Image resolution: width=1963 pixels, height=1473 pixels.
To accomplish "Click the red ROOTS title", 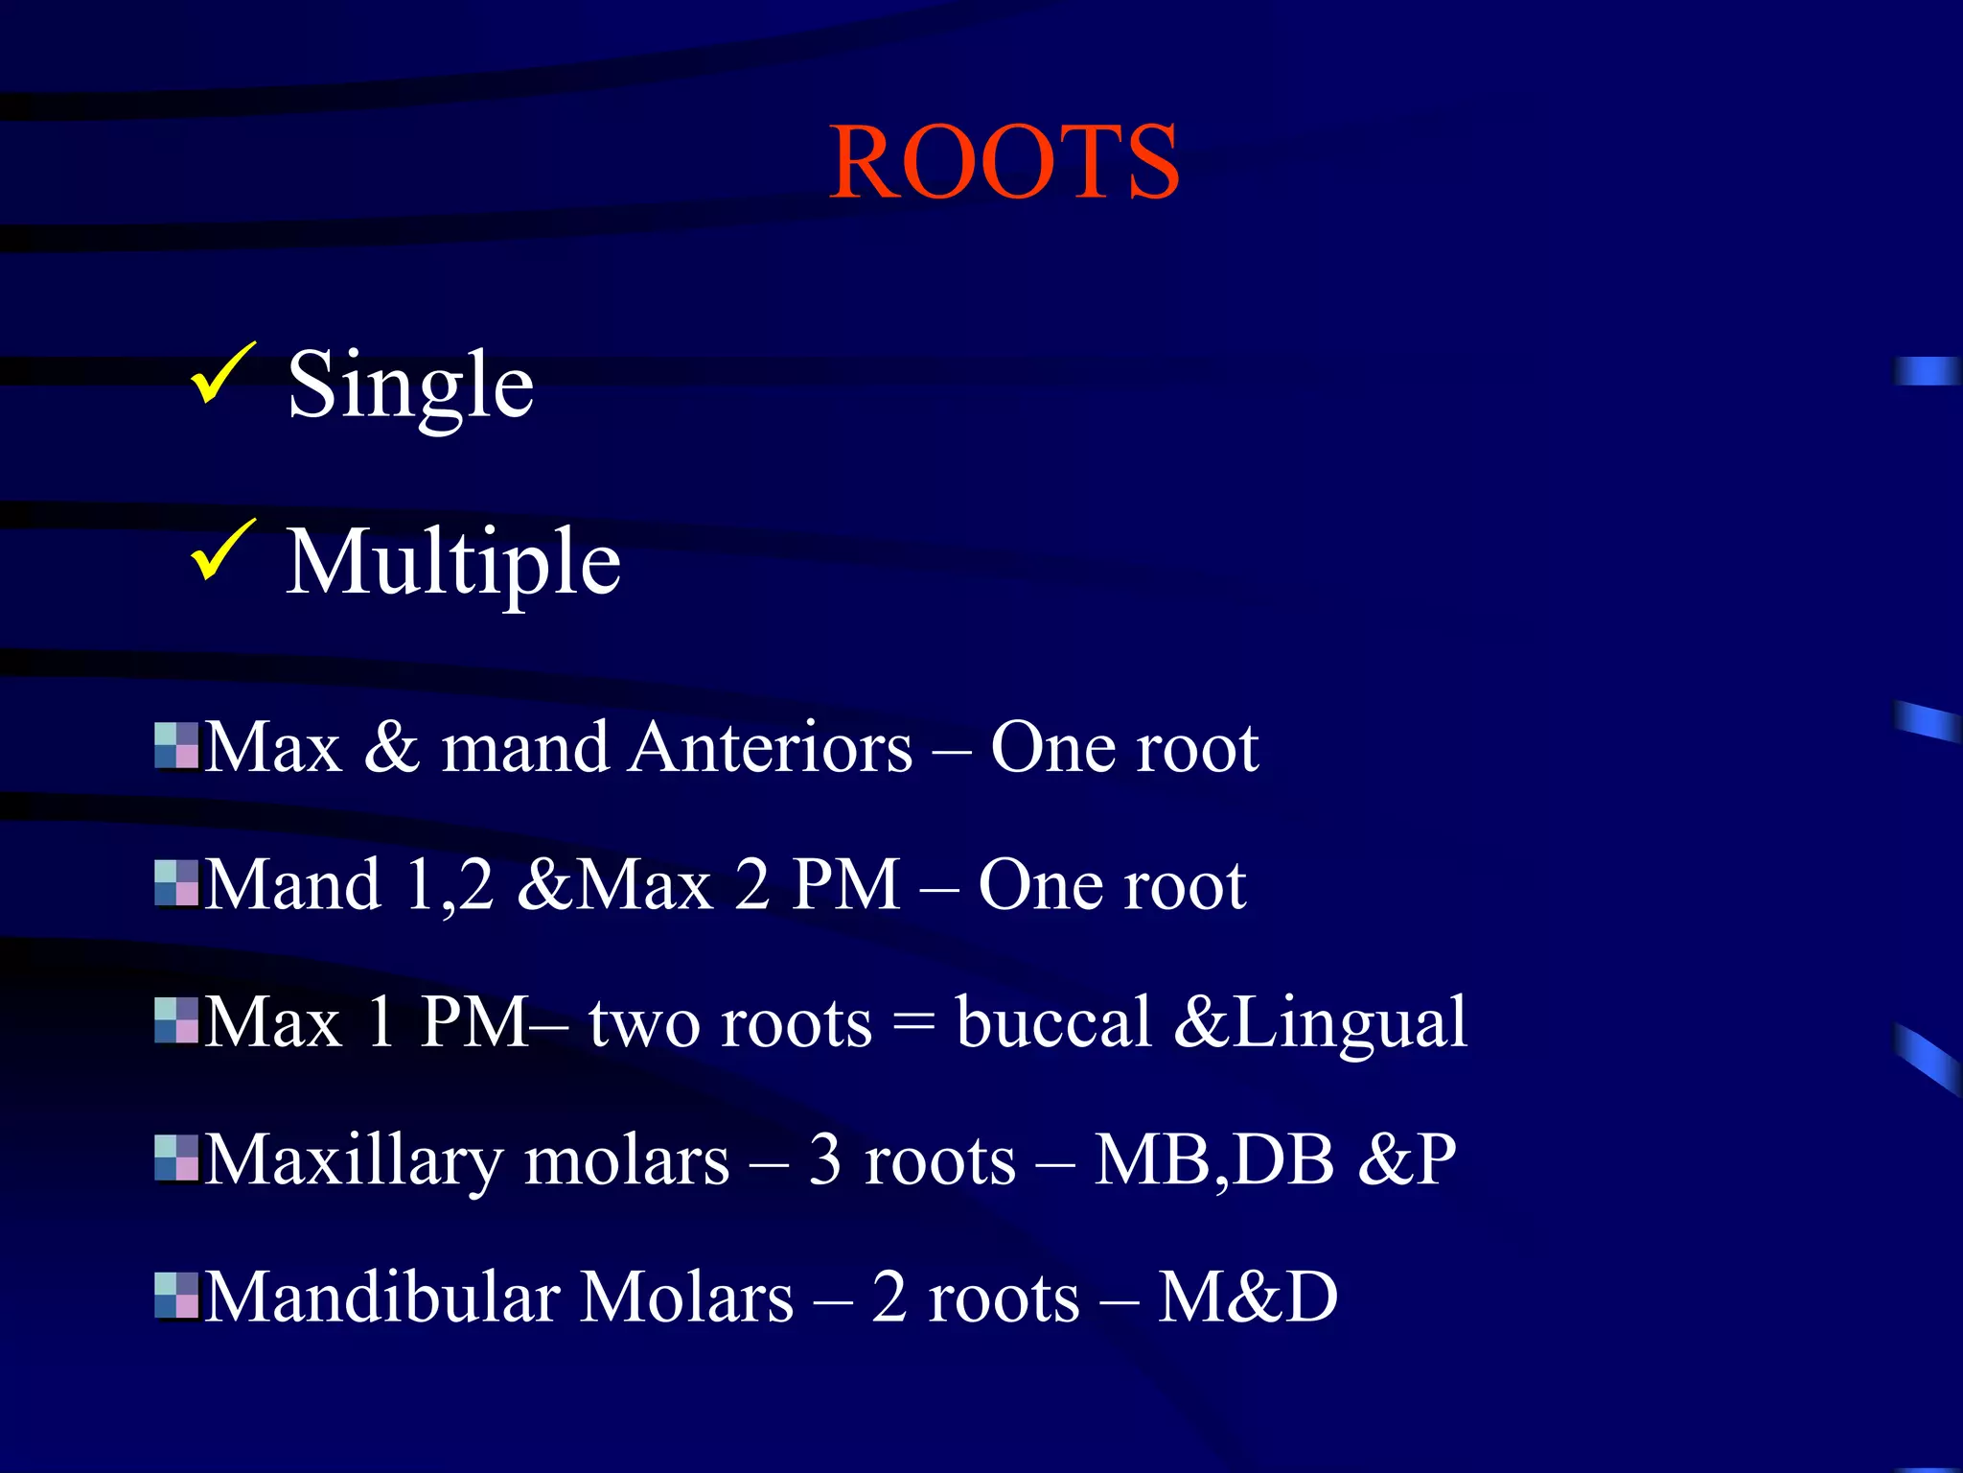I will pyautogui.click(x=1004, y=163).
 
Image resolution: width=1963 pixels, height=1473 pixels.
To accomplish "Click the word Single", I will pyautogui.click(x=410, y=386).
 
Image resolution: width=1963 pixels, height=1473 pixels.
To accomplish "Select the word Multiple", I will pyautogui.click(x=453, y=563).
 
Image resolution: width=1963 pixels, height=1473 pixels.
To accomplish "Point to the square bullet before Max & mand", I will pyautogui.click(x=176, y=746).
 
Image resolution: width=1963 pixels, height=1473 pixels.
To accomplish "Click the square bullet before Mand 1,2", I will pyautogui.click(x=176, y=883).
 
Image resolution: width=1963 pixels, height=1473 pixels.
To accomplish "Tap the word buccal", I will pyautogui.click(x=1053, y=1022).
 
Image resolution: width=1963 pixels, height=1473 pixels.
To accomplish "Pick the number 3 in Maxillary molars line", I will pyautogui.click(x=824, y=1160).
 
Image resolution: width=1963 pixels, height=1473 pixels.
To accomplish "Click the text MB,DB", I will pyautogui.click(x=1213, y=1160).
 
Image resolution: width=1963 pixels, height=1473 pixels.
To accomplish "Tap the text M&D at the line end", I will pyautogui.click(x=1247, y=1298).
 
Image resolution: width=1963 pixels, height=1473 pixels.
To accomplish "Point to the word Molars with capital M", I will pyautogui.click(x=687, y=1298).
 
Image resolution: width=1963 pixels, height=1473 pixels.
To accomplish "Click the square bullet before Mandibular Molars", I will pyautogui.click(x=176, y=1296).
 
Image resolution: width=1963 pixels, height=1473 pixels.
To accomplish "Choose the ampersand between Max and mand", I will pyautogui.click(x=391, y=747).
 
